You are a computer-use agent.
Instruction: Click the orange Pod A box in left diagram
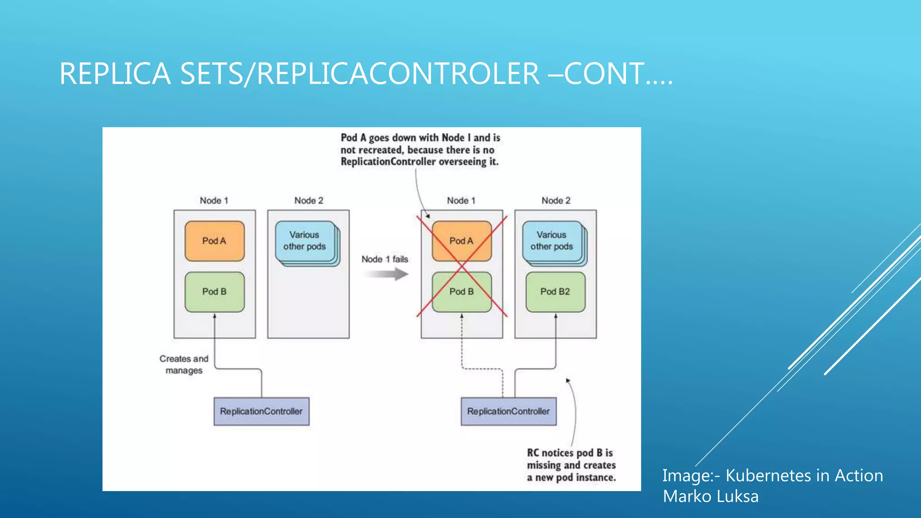tap(215, 241)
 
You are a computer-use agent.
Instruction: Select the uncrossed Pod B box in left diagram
tap(215, 292)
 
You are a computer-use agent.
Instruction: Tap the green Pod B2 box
tap(555, 292)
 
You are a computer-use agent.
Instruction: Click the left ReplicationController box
tap(261, 411)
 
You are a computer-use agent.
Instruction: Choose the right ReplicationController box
tap(509, 411)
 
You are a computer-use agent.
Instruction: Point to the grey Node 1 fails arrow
tap(387, 274)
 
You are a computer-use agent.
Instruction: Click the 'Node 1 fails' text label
tap(385, 259)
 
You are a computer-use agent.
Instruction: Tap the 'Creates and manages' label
tap(184, 365)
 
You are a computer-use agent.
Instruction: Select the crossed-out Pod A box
tap(462, 241)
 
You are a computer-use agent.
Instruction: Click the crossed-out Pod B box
tap(462, 292)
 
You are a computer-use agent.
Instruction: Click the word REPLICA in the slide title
tap(115, 74)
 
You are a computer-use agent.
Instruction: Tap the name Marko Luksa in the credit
tap(711, 496)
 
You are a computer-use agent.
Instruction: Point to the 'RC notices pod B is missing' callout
tap(571, 465)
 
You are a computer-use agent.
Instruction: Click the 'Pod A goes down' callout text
tap(420, 150)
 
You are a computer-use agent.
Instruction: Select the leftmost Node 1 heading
tap(214, 201)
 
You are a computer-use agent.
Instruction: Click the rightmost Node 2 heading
tap(556, 201)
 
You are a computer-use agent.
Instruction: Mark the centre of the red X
tap(462, 266)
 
